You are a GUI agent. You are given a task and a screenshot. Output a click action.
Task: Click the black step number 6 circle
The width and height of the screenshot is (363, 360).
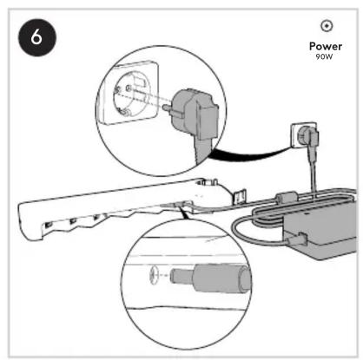point(37,37)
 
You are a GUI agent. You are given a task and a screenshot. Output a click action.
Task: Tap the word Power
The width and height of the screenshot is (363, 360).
point(326,46)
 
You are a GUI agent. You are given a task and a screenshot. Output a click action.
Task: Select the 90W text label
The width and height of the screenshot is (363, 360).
point(324,56)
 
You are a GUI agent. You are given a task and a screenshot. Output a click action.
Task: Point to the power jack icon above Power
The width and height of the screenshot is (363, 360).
point(327,26)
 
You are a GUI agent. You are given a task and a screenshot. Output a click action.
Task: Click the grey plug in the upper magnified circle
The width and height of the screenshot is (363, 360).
point(195,120)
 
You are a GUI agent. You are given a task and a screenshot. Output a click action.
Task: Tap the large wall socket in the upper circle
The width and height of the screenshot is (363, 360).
point(129,93)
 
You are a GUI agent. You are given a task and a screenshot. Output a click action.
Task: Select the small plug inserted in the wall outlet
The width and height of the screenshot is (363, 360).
point(310,136)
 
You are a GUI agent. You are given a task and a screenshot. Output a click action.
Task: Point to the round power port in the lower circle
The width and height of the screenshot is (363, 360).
point(155,275)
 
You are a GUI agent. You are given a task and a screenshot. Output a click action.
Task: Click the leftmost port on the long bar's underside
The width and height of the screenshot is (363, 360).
point(49,225)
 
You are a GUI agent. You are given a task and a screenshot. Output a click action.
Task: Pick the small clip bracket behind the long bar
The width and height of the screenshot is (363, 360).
point(239,197)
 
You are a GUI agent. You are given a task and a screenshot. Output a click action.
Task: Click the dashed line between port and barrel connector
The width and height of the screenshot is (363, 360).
point(164,275)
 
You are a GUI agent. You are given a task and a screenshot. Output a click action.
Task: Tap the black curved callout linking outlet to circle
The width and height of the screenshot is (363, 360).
point(249,154)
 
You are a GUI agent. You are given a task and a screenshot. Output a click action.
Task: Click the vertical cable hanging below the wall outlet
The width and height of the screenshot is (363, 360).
point(313,172)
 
